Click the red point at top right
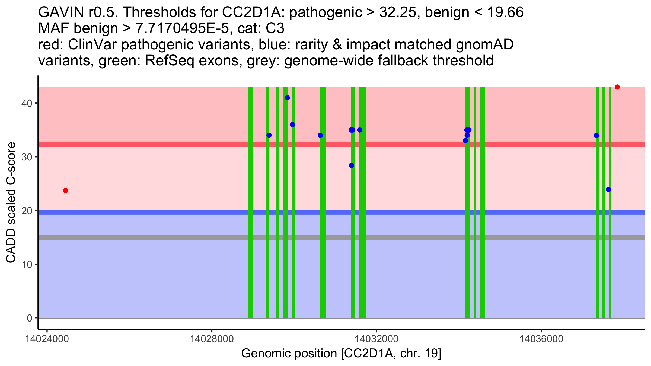click(617, 87)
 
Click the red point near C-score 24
click(66, 191)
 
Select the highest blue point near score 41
click(287, 98)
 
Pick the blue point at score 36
click(292, 125)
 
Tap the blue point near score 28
click(352, 165)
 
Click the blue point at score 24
click(609, 190)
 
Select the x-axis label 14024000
click(47, 339)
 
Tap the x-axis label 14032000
click(376, 339)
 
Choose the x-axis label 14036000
click(541, 339)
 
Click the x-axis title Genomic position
click(341, 354)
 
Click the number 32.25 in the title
click(397, 12)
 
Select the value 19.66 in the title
click(505, 12)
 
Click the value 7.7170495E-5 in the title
click(182, 28)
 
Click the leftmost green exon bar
click(251, 202)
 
